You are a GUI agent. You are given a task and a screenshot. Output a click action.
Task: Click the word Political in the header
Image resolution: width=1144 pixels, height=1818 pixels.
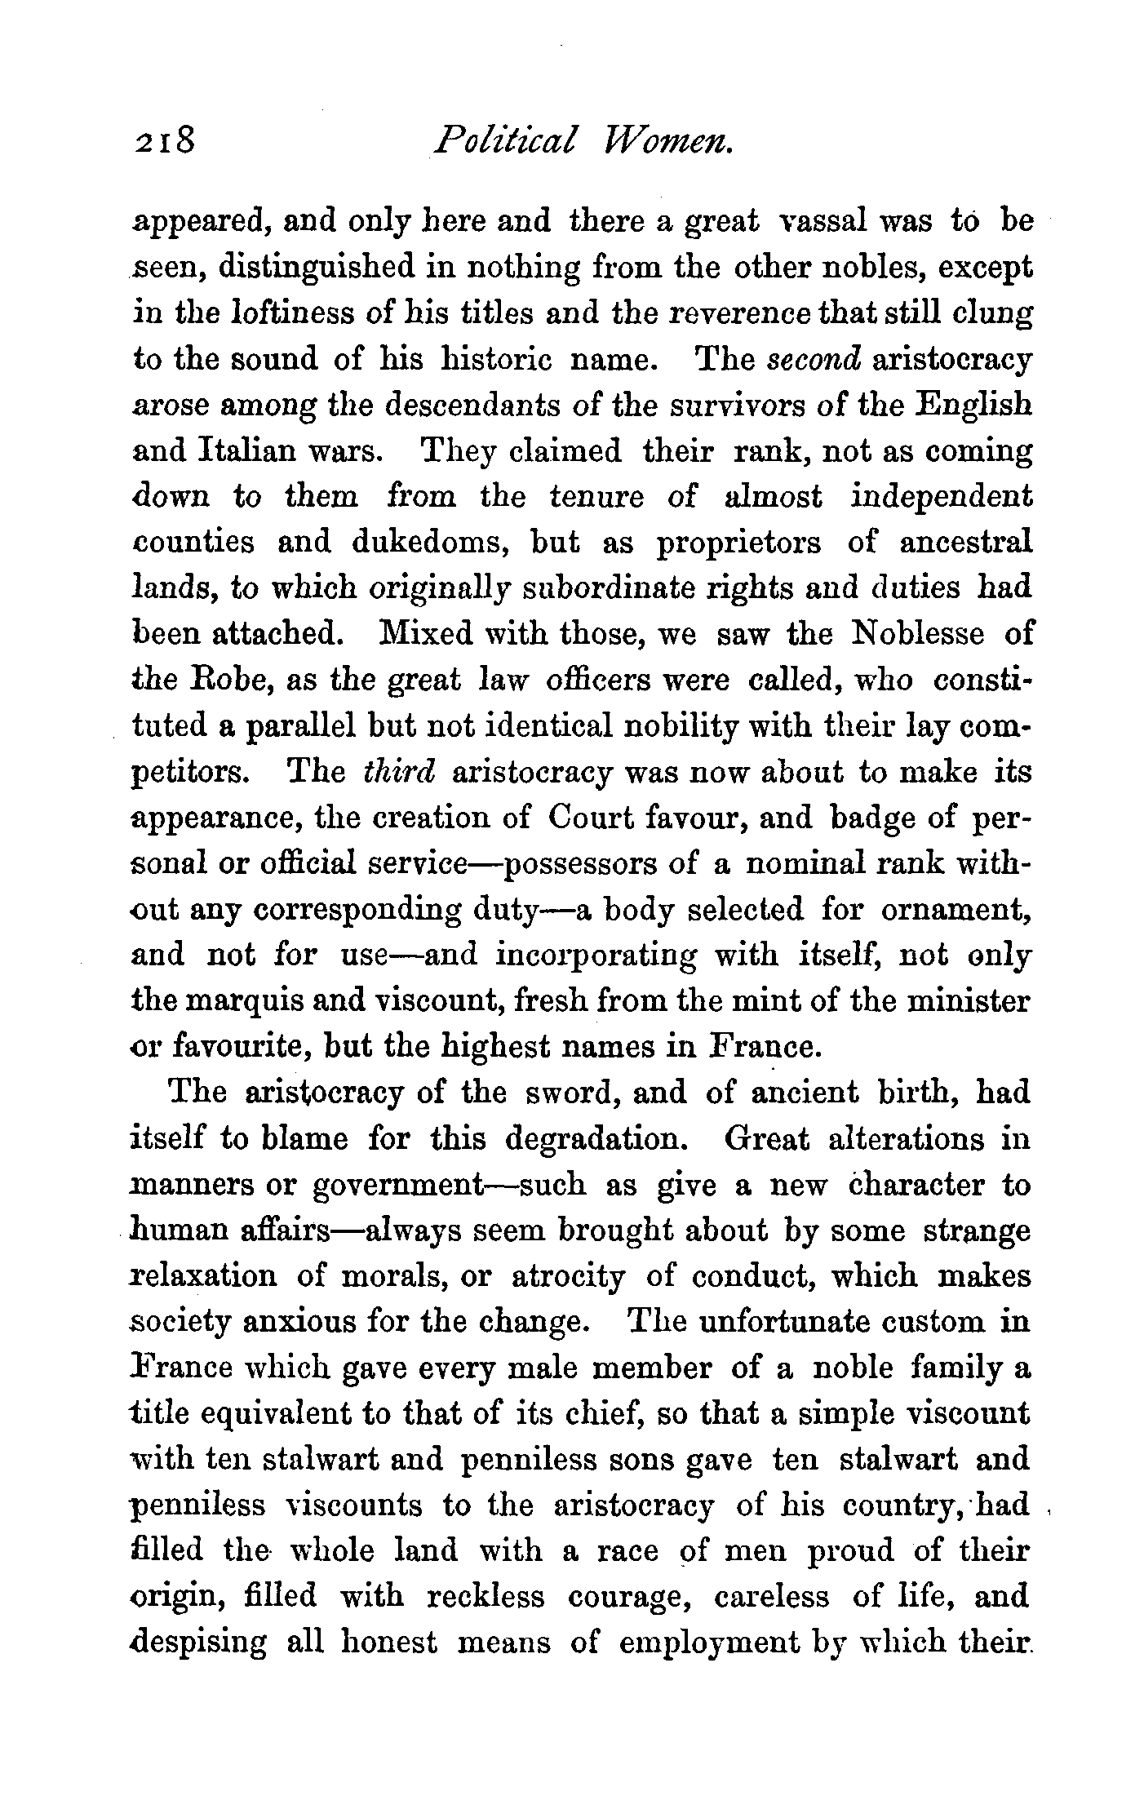coord(506,142)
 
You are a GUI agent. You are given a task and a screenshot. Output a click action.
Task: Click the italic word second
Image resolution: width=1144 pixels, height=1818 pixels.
coord(814,360)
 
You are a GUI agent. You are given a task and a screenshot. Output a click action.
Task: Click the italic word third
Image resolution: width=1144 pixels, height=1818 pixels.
coord(399,772)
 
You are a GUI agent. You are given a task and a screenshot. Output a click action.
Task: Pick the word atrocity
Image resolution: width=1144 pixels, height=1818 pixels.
coord(568,1276)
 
